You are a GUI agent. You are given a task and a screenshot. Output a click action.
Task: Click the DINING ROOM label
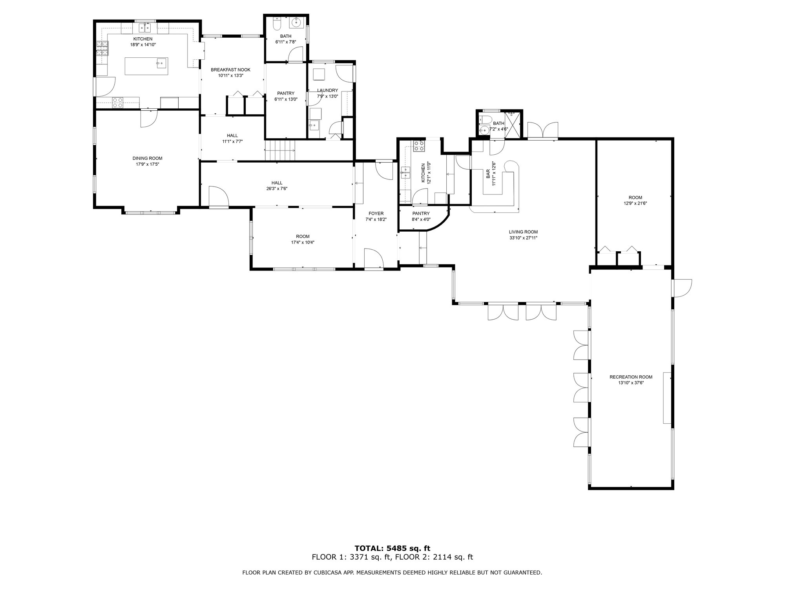point(147,158)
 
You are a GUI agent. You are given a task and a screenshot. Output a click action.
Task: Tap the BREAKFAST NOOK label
point(230,70)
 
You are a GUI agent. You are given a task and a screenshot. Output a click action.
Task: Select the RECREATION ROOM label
point(631,377)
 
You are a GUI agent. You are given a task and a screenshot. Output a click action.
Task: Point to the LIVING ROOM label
point(523,232)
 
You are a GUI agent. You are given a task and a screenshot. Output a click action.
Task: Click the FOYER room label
point(376,214)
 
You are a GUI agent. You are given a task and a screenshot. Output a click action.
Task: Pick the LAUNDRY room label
point(327,90)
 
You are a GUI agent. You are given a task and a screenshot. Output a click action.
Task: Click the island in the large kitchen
point(146,66)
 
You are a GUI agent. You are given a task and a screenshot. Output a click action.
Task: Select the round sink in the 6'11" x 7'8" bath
point(296,23)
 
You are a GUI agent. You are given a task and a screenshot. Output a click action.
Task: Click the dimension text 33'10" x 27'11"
point(523,238)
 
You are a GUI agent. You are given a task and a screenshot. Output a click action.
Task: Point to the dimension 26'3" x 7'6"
point(277,188)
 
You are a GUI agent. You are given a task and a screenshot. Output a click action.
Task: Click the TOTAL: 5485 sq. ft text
point(392,548)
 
